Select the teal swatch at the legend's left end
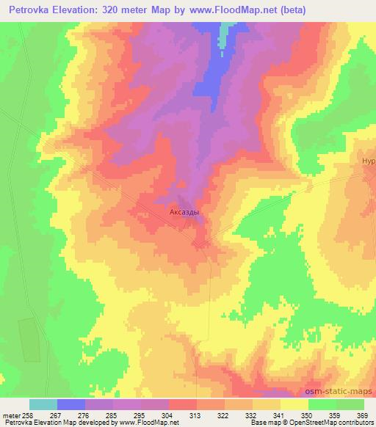pos(43,404)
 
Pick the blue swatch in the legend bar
pos(71,404)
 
